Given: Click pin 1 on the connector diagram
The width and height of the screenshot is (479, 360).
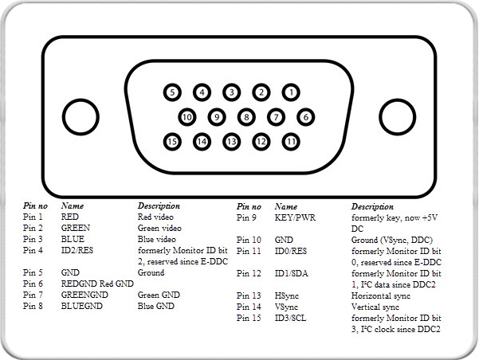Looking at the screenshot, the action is point(291,92).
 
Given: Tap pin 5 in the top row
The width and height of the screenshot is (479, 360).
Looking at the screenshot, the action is point(172,92).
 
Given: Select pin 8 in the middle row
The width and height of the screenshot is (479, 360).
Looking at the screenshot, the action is point(246,117).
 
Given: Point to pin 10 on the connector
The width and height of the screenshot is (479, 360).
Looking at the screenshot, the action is point(187,117).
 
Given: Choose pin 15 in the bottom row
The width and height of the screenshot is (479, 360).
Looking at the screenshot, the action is point(172,142).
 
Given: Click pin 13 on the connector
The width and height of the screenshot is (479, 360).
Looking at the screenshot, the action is point(232,142).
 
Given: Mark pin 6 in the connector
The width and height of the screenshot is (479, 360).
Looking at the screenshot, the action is point(305,117).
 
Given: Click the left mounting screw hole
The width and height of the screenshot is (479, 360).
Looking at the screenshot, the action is point(80,117).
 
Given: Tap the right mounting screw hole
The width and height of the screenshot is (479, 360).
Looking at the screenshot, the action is point(398,117).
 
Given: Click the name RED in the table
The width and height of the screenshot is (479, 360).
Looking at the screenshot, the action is point(70,217).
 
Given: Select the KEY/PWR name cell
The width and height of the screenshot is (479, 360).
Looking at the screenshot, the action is point(295,217).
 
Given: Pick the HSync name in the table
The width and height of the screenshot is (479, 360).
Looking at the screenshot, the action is point(287,295).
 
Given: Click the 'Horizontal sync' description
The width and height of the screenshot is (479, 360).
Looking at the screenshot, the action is point(381,295).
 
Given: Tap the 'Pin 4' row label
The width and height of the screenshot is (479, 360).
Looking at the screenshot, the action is point(33,250).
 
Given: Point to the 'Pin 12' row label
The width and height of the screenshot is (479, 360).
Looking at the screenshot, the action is point(249,273).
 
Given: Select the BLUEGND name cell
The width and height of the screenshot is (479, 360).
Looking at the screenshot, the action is point(82,306).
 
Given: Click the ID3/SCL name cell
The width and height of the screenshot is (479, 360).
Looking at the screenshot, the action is point(291,318).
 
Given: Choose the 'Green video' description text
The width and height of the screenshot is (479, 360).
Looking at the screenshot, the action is point(159,228).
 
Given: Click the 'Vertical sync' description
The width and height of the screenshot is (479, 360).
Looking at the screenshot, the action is point(375,307).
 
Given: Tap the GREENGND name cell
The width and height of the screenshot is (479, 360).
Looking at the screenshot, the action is point(84,295).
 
